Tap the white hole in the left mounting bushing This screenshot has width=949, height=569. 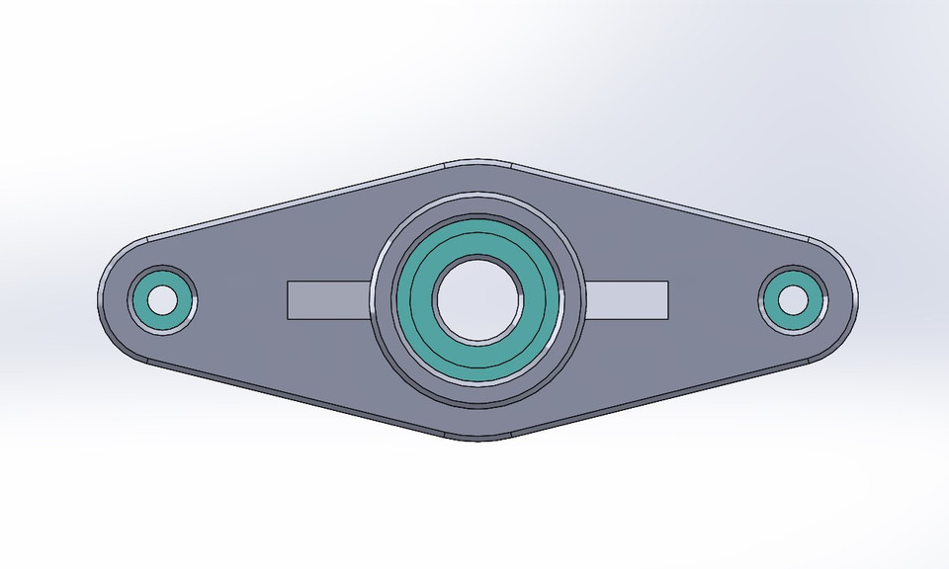click(162, 298)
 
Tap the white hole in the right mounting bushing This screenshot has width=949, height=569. click(793, 298)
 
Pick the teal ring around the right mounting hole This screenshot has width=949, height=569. click(813, 299)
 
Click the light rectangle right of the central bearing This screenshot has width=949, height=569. click(629, 298)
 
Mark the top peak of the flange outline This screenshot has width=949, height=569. click(478, 161)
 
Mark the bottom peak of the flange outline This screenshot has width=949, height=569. click(478, 438)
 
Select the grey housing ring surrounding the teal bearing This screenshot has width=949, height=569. click(386, 300)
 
